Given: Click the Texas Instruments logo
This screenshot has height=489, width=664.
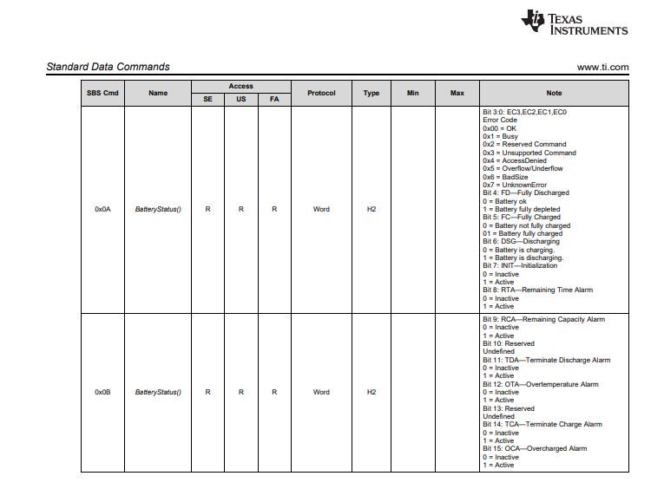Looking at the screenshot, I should pos(574,23).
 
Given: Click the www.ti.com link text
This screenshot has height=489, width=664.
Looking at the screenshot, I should pos(602,68).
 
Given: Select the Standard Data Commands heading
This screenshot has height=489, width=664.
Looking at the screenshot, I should pos(108,67).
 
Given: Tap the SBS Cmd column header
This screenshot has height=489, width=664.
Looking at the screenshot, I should pos(102,93).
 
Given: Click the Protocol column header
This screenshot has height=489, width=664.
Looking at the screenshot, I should pos(321,93).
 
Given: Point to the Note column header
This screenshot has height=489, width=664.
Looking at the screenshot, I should pos(554,93).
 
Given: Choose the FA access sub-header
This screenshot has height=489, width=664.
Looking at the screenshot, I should pos(274,100).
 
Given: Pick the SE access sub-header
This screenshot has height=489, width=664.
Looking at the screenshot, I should pos(207,100).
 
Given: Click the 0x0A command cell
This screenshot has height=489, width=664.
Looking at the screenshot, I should pos(102,209).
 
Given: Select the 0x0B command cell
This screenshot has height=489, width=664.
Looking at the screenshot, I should pos(102,392).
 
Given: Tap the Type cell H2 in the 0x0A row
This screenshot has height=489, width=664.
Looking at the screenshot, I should pos(371,209).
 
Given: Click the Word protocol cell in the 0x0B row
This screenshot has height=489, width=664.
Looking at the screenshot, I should pos(321,392).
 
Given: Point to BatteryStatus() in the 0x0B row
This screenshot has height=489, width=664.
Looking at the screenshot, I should pos(158,392).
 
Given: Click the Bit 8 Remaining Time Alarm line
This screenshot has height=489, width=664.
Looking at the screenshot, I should pos(537,290).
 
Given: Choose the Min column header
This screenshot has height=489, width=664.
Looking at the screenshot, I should pos(412,93).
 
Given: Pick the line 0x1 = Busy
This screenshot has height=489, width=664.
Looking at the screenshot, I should pos(500,136).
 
